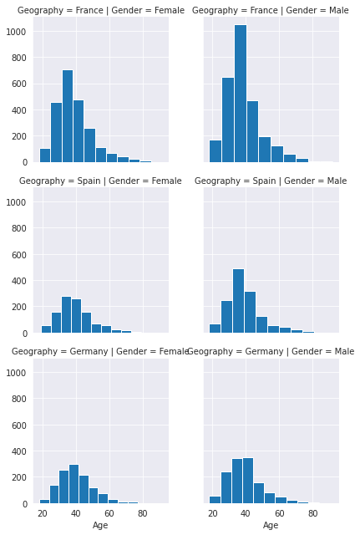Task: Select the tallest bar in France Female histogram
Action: (68, 116)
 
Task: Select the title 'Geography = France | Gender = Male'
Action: (265, 10)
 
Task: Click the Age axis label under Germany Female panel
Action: (100, 525)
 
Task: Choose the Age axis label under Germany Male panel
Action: (271, 525)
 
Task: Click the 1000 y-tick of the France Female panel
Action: (18, 32)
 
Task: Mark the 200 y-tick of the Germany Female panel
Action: (21, 478)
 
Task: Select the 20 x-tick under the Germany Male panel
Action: (213, 512)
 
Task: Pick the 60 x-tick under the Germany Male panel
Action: (280, 512)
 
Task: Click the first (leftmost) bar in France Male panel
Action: (215, 151)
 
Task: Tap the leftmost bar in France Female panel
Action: (45, 155)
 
